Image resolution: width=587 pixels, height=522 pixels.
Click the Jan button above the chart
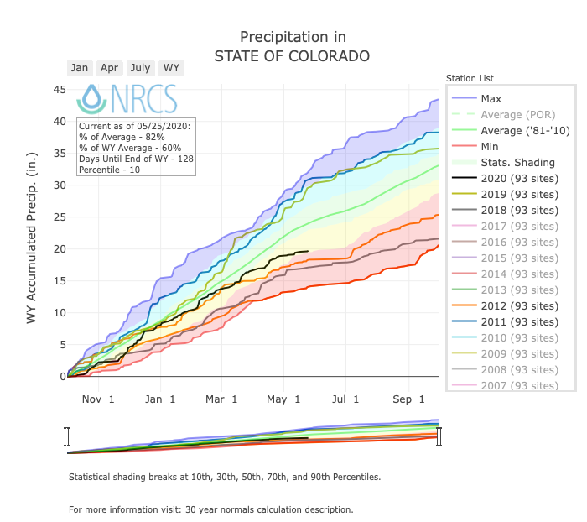(80, 68)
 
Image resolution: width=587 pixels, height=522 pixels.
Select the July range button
(140, 68)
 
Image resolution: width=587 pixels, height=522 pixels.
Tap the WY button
(171, 68)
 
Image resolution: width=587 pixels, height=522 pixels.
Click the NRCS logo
(127, 99)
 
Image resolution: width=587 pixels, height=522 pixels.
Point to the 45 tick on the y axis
(60, 90)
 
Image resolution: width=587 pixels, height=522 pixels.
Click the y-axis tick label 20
(60, 249)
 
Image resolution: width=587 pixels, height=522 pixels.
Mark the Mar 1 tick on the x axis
(223, 399)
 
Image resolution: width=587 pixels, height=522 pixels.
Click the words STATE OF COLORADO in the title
(292, 56)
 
